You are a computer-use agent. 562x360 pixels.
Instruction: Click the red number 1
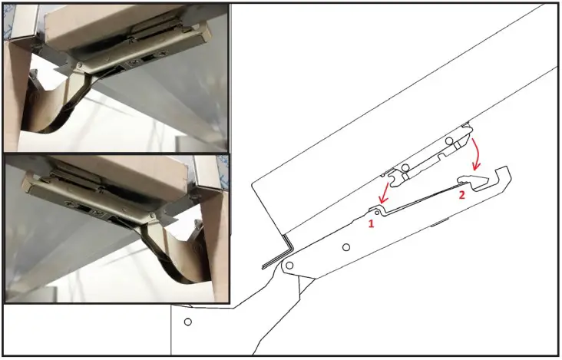pos(370,223)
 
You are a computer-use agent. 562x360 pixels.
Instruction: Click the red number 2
pos(461,196)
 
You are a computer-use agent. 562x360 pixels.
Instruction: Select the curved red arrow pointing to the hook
pos(477,154)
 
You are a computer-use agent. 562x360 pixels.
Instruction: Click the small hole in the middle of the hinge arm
pos(346,246)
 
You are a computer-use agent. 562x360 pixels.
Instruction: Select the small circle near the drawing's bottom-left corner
pos(187,322)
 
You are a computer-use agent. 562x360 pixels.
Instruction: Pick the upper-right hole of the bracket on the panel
pos(451,141)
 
